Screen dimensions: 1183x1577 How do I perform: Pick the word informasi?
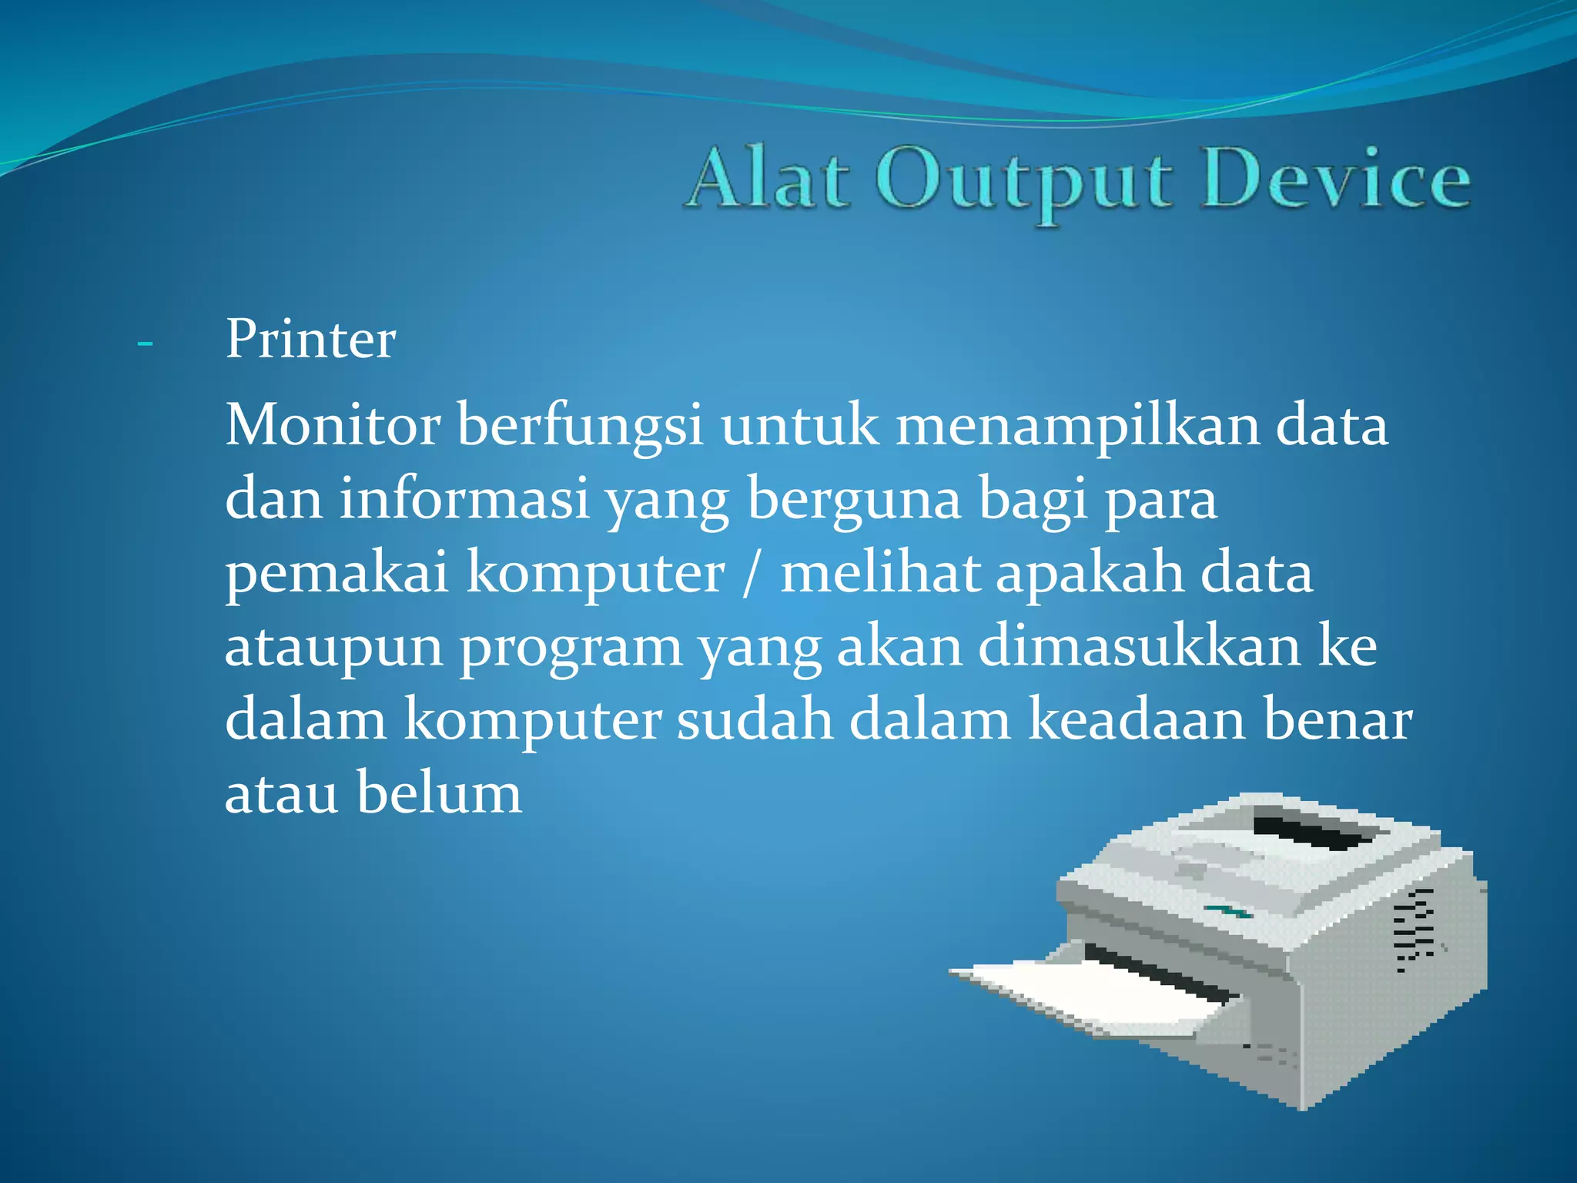[464, 499]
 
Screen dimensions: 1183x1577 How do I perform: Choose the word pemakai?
[336, 574]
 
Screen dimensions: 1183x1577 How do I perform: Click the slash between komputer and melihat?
[750, 574]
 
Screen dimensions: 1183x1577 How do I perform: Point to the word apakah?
[1090, 574]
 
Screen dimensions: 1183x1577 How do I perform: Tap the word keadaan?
[1137, 719]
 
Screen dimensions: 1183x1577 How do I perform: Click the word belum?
[439, 793]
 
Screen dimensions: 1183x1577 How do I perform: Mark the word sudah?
[755, 719]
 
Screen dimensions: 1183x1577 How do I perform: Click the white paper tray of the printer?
[1093, 994]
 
